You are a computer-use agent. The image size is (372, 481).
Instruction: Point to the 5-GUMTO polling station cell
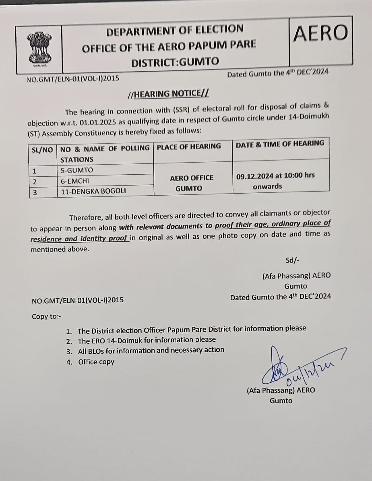76,170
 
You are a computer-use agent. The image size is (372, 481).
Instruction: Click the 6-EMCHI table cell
75,181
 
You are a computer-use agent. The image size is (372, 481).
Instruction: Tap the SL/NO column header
42,149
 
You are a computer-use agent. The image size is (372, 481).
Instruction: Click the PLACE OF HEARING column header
189,147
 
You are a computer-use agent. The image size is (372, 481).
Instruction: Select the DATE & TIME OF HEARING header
280,144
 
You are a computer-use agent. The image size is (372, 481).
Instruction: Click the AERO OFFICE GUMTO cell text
192,183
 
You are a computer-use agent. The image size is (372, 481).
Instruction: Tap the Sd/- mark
292,260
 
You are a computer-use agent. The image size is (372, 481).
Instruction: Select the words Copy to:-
46,316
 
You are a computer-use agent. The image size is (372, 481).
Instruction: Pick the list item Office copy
96,362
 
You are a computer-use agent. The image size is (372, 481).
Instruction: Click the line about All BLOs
151,350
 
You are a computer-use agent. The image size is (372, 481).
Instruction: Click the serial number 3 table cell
35,192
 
